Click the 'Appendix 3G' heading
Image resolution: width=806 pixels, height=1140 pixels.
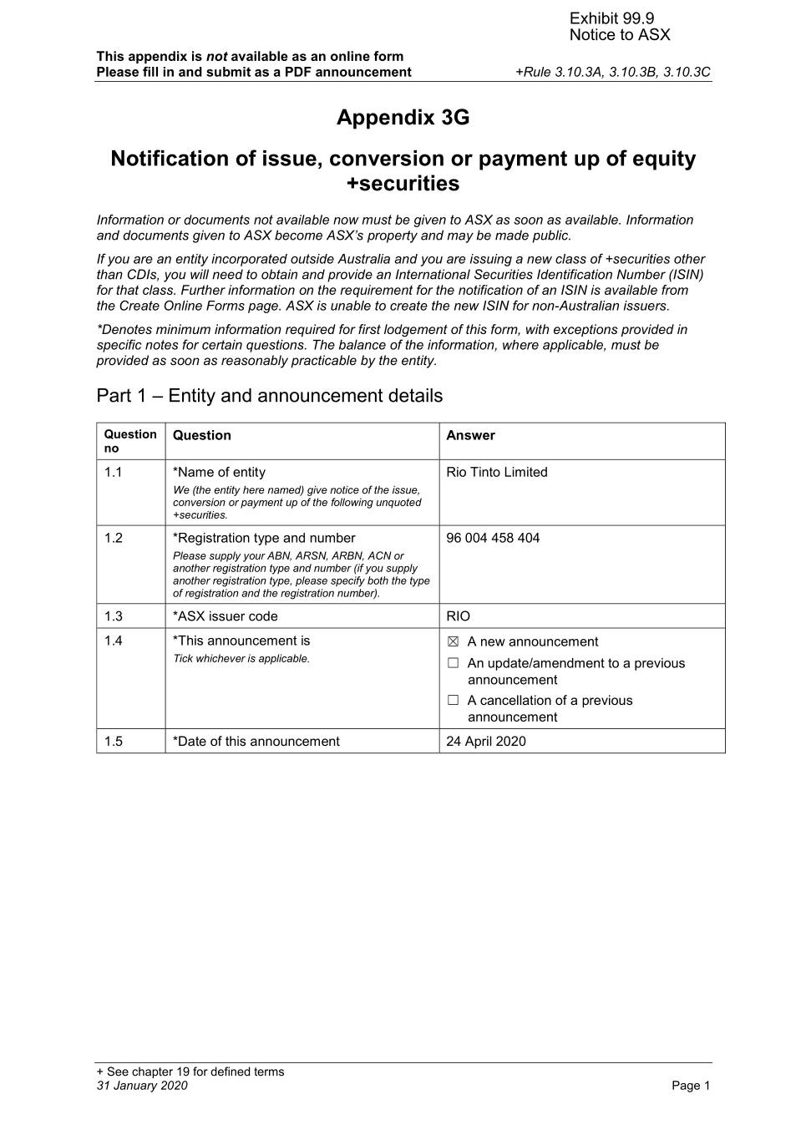tap(403, 118)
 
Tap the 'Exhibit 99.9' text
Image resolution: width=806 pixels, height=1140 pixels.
tap(611, 18)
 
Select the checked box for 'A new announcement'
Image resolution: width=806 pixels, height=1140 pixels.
tap(454, 641)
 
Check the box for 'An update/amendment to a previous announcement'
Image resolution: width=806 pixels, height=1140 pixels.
tap(454, 663)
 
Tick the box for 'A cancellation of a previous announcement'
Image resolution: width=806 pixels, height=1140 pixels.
tap(454, 701)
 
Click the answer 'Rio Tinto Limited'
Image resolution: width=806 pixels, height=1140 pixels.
tap(497, 472)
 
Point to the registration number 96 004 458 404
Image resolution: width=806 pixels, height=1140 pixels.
tap(493, 538)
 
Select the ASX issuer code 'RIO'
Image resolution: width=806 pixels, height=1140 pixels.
tap(459, 616)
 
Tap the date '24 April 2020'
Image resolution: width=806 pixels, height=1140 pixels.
tap(486, 742)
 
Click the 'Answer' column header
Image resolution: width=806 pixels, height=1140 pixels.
tap(470, 435)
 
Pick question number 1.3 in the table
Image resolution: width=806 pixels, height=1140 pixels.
tap(114, 616)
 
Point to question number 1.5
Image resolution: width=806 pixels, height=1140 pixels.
tap(114, 742)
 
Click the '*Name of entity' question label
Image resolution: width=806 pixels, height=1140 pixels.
tap(219, 472)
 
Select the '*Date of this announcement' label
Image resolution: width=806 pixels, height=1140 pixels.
tap(256, 742)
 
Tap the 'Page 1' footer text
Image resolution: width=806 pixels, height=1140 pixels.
tap(691, 1086)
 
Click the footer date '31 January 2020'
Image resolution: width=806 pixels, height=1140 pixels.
tap(142, 1086)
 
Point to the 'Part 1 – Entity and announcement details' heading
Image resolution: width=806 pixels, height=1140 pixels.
tap(270, 396)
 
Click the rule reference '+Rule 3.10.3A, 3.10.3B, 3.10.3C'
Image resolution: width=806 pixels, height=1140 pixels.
tap(613, 72)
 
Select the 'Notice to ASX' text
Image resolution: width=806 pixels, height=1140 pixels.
tap(620, 35)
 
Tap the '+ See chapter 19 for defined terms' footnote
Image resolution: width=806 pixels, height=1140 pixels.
tap(190, 1072)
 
